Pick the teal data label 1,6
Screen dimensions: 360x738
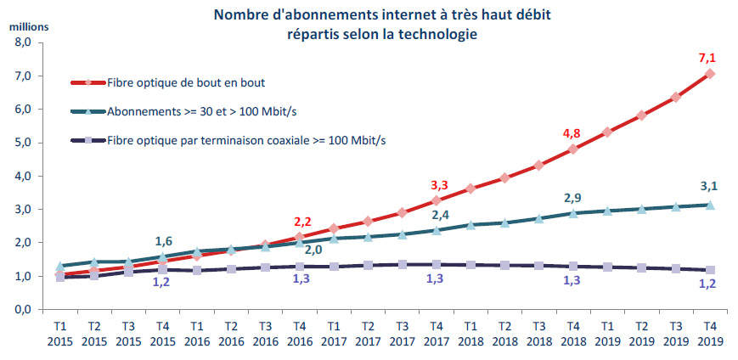(x=165, y=239)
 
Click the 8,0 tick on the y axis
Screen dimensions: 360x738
(x=23, y=42)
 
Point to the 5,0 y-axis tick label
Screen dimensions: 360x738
(x=23, y=143)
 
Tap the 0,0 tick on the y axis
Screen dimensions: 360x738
(x=23, y=310)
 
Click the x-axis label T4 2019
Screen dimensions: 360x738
(x=710, y=333)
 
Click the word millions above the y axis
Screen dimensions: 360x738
(x=29, y=25)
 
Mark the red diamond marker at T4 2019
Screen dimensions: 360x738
(x=710, y=74)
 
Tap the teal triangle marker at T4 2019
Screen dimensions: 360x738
(x=710, y=205)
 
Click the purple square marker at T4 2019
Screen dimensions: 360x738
(x=710, y=270)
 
